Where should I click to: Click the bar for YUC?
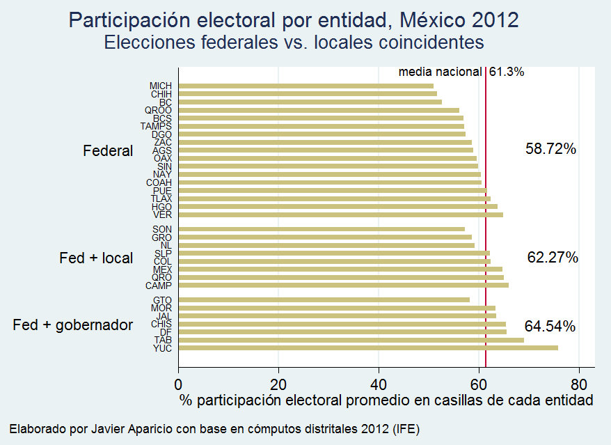(x=368, y=348)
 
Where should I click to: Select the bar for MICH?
(x=306, y=86)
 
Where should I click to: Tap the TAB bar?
(x=351, y=340)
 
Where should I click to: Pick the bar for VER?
(x=341, y=214)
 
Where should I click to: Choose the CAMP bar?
(x=344, y=285)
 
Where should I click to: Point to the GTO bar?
(x=324, y=300)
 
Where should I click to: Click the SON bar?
(x=322, y=228)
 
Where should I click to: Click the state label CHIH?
(x=161, y=94)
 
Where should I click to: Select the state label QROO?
(x=158, y=110)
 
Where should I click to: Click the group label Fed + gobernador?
(x=73, y=325)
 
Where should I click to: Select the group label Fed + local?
(x=96, y=258)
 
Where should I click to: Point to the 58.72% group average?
(x=550, y=149)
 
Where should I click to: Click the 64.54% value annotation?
(x=550, y=326)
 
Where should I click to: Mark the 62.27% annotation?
(x=552, y=258)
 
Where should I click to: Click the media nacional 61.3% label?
(x=461, y=72)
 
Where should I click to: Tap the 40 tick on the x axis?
(x=379, y=383)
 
